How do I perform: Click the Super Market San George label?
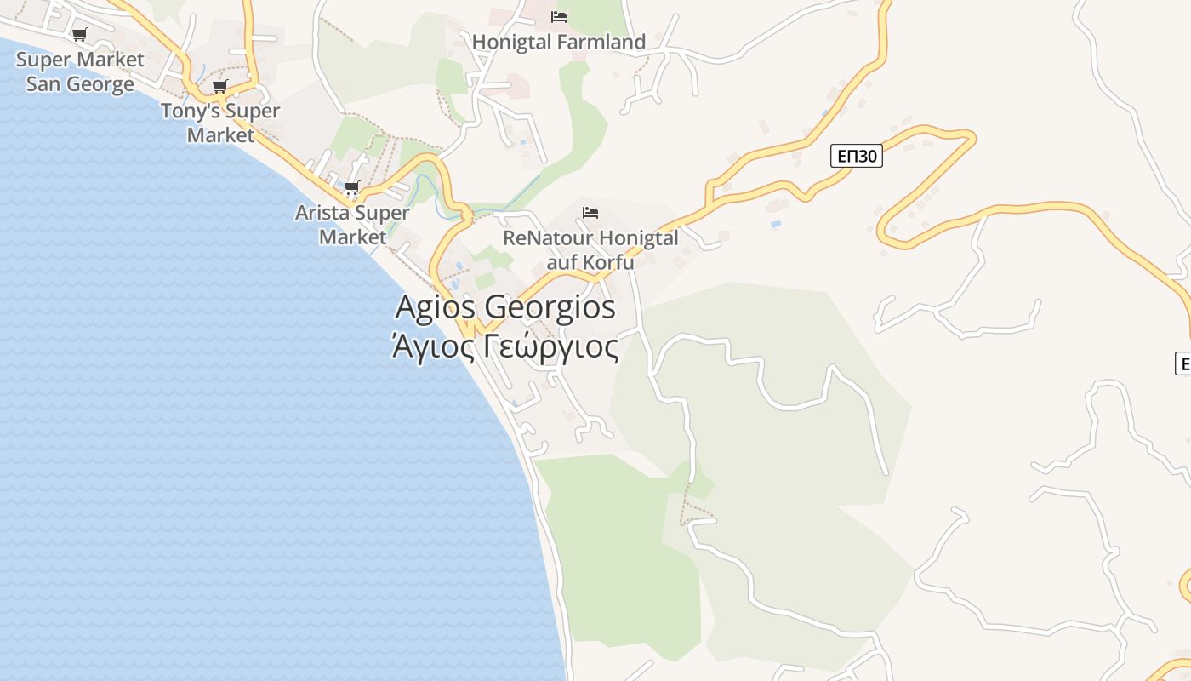click(80, 72)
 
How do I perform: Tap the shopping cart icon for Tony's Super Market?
click(220, 86)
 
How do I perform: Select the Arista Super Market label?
click(352, 225)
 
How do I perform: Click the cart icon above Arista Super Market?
click(352, 187)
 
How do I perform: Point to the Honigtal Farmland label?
click(559, 42)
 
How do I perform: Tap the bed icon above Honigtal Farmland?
click(559, 16)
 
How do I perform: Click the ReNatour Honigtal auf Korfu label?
click(590, 249)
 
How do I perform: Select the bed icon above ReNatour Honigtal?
click(590, 212)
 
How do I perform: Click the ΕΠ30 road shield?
click(856, 156)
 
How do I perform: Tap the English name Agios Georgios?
click(505, 306)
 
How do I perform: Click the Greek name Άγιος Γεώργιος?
click(505, 347)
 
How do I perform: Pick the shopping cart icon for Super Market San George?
click(80, 35)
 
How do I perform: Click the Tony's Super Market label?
click(220, 123)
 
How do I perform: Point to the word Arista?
click(322, 213)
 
